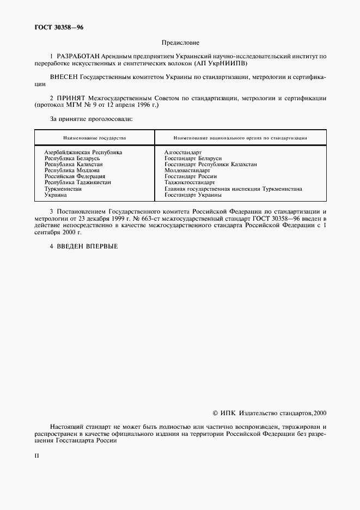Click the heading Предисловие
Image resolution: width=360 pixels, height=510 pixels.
180,42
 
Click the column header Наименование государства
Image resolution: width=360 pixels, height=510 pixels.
94,138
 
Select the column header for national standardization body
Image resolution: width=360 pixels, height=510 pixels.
240,138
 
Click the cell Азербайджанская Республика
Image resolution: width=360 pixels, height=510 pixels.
83,152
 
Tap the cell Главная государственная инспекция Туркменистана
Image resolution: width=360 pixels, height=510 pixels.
233,189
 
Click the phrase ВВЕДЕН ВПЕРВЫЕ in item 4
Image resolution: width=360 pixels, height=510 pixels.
87,246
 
